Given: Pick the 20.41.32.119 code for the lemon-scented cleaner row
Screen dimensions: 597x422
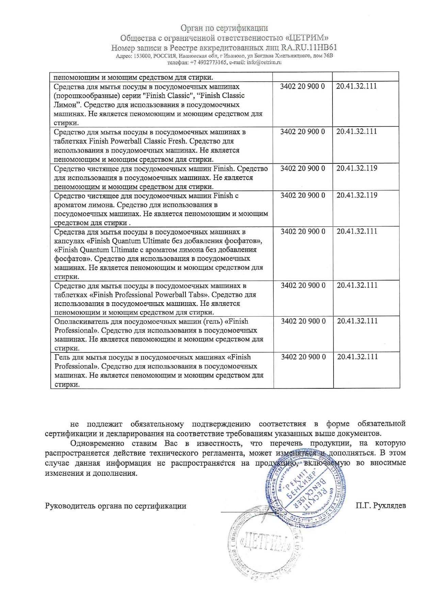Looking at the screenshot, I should (357, 195).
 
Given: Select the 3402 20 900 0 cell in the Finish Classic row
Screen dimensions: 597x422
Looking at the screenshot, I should (302, 86).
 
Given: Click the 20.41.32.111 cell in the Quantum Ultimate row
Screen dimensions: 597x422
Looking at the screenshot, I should (357, 231).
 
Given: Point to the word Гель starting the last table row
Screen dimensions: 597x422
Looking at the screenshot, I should (62, 357).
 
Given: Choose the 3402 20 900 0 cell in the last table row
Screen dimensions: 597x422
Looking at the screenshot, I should (303, 357).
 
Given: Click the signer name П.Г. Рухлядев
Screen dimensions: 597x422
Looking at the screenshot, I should (380, 506).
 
